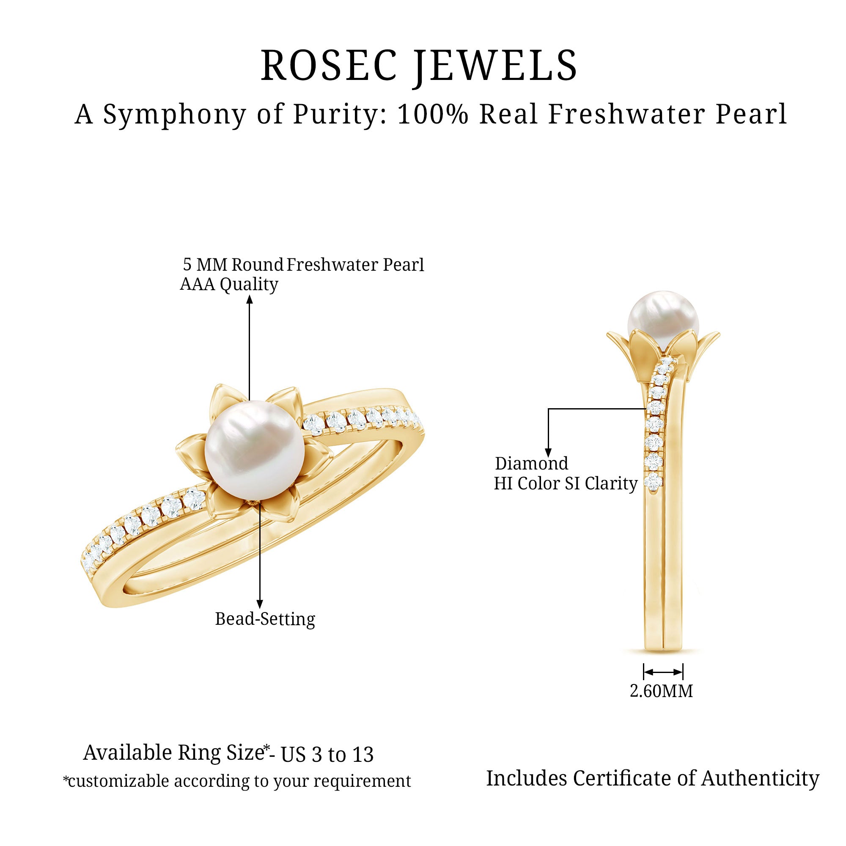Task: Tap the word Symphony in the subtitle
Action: coord(175,115)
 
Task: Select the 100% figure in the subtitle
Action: coord(433,115)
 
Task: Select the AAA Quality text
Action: coord(229,285)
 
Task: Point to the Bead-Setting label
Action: coord(265,619)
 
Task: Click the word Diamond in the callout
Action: coord(531,463)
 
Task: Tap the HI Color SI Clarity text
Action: coord(565,483)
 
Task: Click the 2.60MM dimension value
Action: coord(661,691)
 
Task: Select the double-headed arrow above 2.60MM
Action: coord(663,672)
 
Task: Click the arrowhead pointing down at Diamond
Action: coord(548,453)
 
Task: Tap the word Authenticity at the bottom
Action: coord(760,778)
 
